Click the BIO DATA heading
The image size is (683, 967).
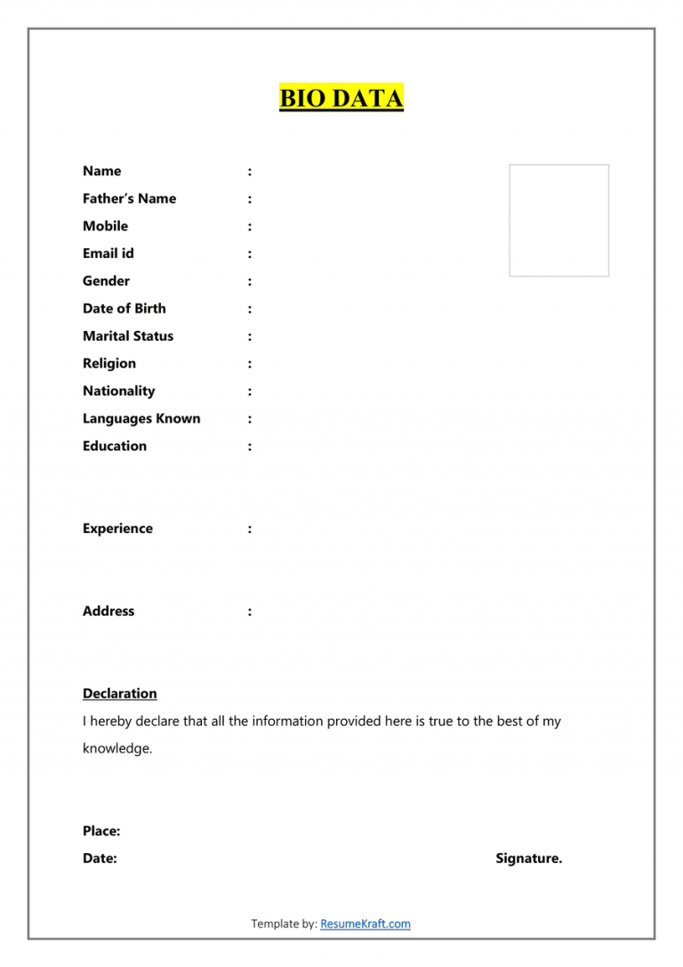(341, 98)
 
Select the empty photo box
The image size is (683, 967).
(558, 220)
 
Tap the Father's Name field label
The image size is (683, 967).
(129, 198)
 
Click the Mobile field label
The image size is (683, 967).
(105, 226)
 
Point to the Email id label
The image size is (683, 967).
(108, 254)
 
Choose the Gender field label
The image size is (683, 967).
(106, 281)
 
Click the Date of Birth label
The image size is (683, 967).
(124, 309)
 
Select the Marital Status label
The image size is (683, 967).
(128, 336)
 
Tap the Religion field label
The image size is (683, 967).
(109, 364)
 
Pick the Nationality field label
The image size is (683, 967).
(118, 391)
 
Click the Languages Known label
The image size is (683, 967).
(141, 419)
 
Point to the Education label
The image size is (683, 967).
(115, 447)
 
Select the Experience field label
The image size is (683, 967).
(117, 528)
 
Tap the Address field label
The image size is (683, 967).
(108, 611)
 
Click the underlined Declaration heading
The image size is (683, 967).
(120, 694)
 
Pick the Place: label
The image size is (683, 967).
(101, 831)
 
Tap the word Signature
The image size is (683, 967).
(528, 858)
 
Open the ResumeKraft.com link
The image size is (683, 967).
(366, 924)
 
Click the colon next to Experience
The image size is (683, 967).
(250, 529)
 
